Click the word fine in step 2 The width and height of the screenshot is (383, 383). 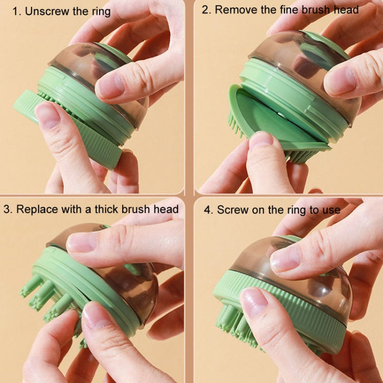pyautogui.click(x=284, y=10)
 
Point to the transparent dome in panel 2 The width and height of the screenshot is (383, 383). pyautogui.click(x=286, y=56)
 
